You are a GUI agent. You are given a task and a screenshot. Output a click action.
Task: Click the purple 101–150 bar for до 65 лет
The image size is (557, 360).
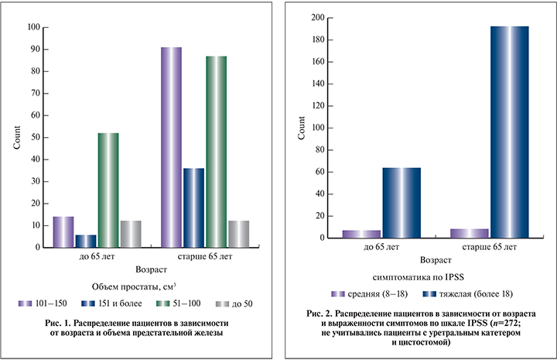[x=63, y=231]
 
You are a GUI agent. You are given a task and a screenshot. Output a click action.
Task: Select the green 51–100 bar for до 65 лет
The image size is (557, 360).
[x=108, y=190]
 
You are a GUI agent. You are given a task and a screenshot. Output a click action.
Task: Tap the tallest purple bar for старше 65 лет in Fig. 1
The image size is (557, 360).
[x=171, y=147]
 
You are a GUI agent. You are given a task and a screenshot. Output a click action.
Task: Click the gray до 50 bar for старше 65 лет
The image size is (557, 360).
[x=238, y=234]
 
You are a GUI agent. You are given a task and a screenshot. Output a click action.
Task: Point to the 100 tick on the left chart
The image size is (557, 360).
[x=34, y=27]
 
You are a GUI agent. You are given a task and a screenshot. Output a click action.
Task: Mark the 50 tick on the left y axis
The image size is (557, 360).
[x=36, y=137]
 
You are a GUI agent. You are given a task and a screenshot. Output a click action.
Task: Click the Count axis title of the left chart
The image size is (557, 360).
[x=16, y=139]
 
